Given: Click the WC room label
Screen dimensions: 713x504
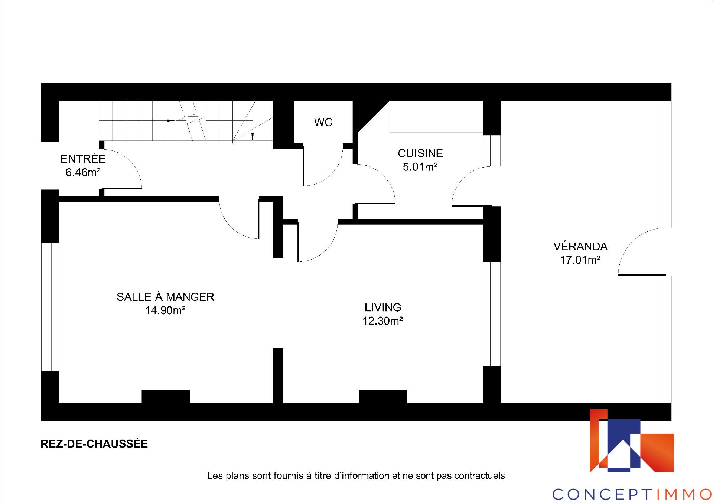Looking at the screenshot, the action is tap(323, 123).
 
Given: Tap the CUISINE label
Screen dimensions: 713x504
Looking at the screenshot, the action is tap(420, 153).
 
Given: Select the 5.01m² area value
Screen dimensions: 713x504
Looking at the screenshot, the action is tap(420, 167).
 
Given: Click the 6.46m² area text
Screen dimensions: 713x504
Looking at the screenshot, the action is tap(83, 173).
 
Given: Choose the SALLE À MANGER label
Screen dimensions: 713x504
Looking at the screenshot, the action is tap(166, 296).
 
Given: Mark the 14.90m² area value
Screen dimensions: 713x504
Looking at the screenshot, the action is tap(165, 310).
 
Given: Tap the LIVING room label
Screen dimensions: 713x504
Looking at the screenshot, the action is tap(383, 308).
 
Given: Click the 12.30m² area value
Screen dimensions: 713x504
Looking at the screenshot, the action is tap(383, 321).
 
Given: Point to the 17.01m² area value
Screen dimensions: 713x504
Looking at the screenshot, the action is tap(580, 260).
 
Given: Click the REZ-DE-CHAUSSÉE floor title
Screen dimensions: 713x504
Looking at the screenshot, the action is tap(94, 443).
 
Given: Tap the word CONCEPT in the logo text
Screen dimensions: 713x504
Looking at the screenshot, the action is tap(602, 494).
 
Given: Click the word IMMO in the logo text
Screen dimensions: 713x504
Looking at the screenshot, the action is tap(683, 494).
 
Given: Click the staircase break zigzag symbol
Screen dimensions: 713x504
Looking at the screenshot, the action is tap(192, 121).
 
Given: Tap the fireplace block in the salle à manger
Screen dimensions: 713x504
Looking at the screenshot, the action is tap(166, 397).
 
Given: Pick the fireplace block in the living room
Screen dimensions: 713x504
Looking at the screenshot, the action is tap(383, 397).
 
